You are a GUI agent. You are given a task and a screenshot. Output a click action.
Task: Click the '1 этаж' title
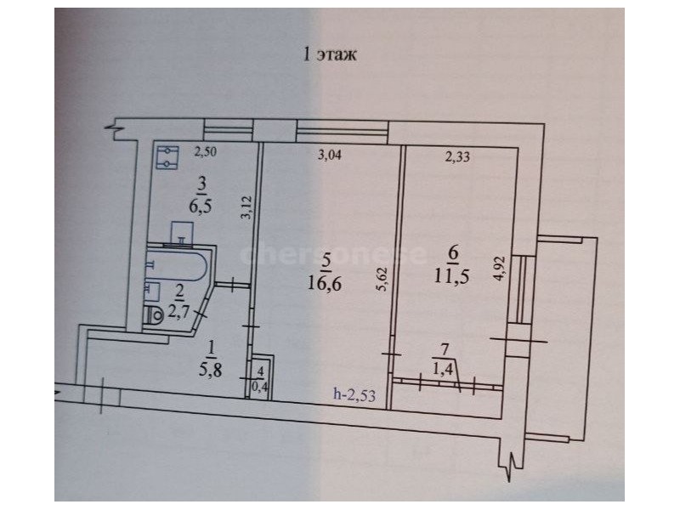(x=330, y=55)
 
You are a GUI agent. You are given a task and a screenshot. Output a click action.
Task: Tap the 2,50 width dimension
(x=205, y=152)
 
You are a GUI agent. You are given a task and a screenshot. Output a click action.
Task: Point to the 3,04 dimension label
(x=330, y=155)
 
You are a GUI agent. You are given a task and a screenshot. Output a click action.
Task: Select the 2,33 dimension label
(x=457, y=156)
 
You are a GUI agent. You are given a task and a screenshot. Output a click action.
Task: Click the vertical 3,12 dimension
(x=247, y=207)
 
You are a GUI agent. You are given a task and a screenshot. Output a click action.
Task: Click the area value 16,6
(x=326, y=284)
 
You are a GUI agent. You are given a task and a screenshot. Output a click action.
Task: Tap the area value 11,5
(x=452, y=275)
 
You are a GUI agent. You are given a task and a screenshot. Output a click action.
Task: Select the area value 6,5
(x=200, y=206)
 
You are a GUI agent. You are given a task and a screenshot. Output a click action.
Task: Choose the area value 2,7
(x=178, y=311)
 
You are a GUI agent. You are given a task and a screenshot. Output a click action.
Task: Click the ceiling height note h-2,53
(x=354, y=394)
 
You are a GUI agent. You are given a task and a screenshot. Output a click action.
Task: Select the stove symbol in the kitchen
(x=167, y=157)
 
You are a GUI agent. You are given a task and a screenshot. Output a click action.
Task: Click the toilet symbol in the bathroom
(x=154, y=314)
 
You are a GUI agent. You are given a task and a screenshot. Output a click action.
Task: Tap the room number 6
(x=454, y=252)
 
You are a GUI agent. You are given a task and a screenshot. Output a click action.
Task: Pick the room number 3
(x=201, y=184)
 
